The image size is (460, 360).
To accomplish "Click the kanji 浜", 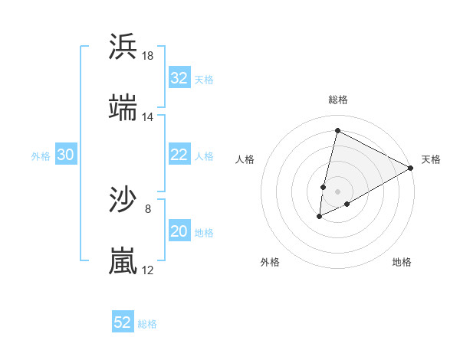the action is pos(123,47).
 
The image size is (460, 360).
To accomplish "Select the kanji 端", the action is pos(123,108).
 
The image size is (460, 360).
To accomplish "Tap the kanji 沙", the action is pos(123,201).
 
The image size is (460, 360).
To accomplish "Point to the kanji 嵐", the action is pos(123,261).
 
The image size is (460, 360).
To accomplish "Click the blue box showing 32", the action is pos(179,77).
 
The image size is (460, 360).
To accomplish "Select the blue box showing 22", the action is pos(179,155).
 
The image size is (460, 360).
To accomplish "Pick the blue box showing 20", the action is pos(179,231).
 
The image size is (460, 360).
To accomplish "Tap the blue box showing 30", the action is pos(66,155).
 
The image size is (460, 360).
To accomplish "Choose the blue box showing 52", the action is pos(123,322).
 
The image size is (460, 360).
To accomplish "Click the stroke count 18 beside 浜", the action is pos(148,56).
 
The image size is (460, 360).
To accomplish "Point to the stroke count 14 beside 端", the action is pos(148,117).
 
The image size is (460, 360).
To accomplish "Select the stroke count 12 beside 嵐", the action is pos(148,270).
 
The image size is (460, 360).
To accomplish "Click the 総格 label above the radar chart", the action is pos(337,100).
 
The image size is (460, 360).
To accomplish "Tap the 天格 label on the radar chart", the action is pos(431,159).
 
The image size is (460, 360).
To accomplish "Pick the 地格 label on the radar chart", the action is pos(402,262).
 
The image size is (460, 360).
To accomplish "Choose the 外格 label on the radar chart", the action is pos(270,262).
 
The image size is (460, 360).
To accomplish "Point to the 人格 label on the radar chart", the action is pos(245,159).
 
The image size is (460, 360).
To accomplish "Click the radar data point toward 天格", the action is pos(411,168).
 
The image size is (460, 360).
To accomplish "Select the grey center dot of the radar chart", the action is pos(337,191).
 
